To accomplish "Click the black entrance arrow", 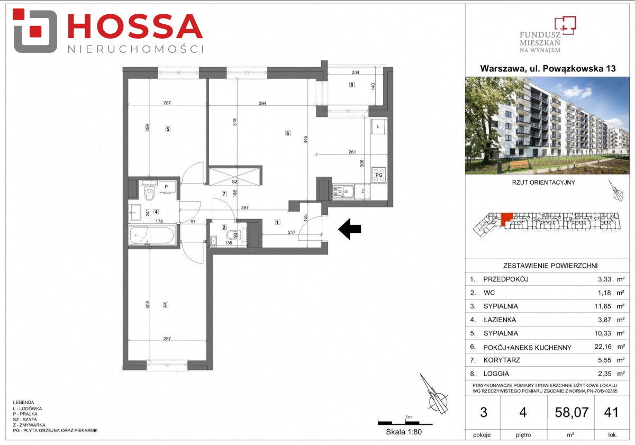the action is tap(350, 229).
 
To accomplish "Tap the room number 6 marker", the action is tap(288, 133).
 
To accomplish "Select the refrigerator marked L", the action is tap(379, 126).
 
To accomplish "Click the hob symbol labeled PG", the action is tap(379, 175).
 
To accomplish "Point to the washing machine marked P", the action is tap(166, 187).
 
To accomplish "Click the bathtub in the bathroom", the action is tap(151, 235).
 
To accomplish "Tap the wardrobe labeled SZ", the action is tap(234, 176).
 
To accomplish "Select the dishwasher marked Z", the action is tap(362, 192).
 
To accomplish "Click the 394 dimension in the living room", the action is tap(262, 104).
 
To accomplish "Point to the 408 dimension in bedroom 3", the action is tap(148, 305).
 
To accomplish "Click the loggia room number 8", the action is tap(352, 85).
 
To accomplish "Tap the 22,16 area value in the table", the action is tap(603, 347).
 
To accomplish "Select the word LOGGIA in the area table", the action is tap(496, 374).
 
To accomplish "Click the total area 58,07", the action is tap(571, 412).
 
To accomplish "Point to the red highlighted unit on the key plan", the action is tap(506, 219).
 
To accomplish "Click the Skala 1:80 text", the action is tap(404, 432).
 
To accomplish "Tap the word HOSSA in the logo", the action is tap(135, 26).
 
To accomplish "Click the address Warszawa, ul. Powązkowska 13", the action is tap(548, 69).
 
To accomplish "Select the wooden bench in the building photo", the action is tap(519, 165).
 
